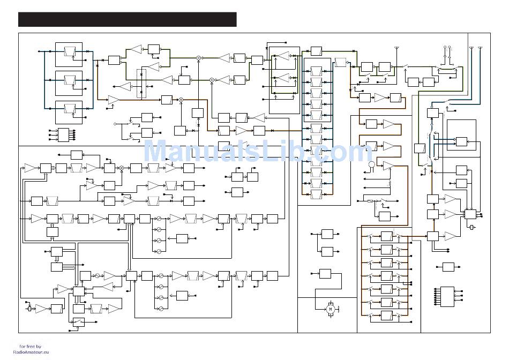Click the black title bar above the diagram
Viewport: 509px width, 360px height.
pyautogui.click(x=127, y=19)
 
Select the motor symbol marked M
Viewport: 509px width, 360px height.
pyautogui.click(x=331, y=309)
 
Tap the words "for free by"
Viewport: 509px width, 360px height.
pyautogui.click(x=33, y=346)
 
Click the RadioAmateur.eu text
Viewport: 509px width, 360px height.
pyautogui.click(x=34, y=352)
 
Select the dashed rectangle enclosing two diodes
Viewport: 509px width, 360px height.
pyautogui.click(x=141, y=83)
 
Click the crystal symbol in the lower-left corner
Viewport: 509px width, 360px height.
pyautogui.click(x=29, y=308)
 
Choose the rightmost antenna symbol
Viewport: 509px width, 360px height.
pyautogui.click(x=480, y=50)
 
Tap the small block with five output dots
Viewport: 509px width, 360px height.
pyautogui.click(x=63, y=134)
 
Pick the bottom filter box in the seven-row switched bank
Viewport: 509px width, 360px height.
pyautogui.click(x=387, y=314)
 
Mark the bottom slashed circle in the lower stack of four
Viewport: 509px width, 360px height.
pyautogui.click(x=159, y=309)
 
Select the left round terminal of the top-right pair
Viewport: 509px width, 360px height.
pyautogui.click(x=445, y=48)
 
